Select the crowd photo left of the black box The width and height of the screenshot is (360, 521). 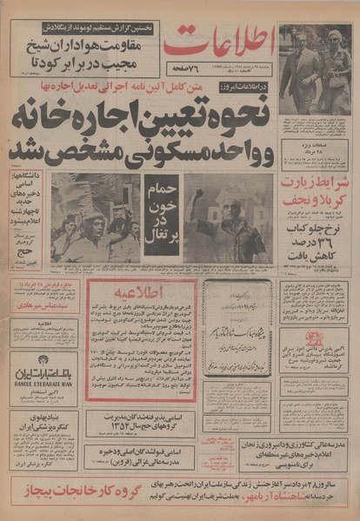[x=95, y=217]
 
